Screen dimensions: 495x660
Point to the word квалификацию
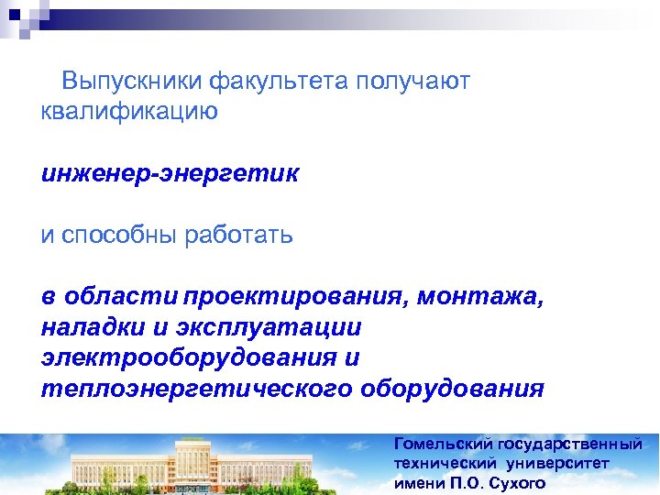[x=129, y=112]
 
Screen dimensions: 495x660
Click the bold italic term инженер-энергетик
[x=170, y=173]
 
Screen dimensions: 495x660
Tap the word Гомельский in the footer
[x=442, y=445]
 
